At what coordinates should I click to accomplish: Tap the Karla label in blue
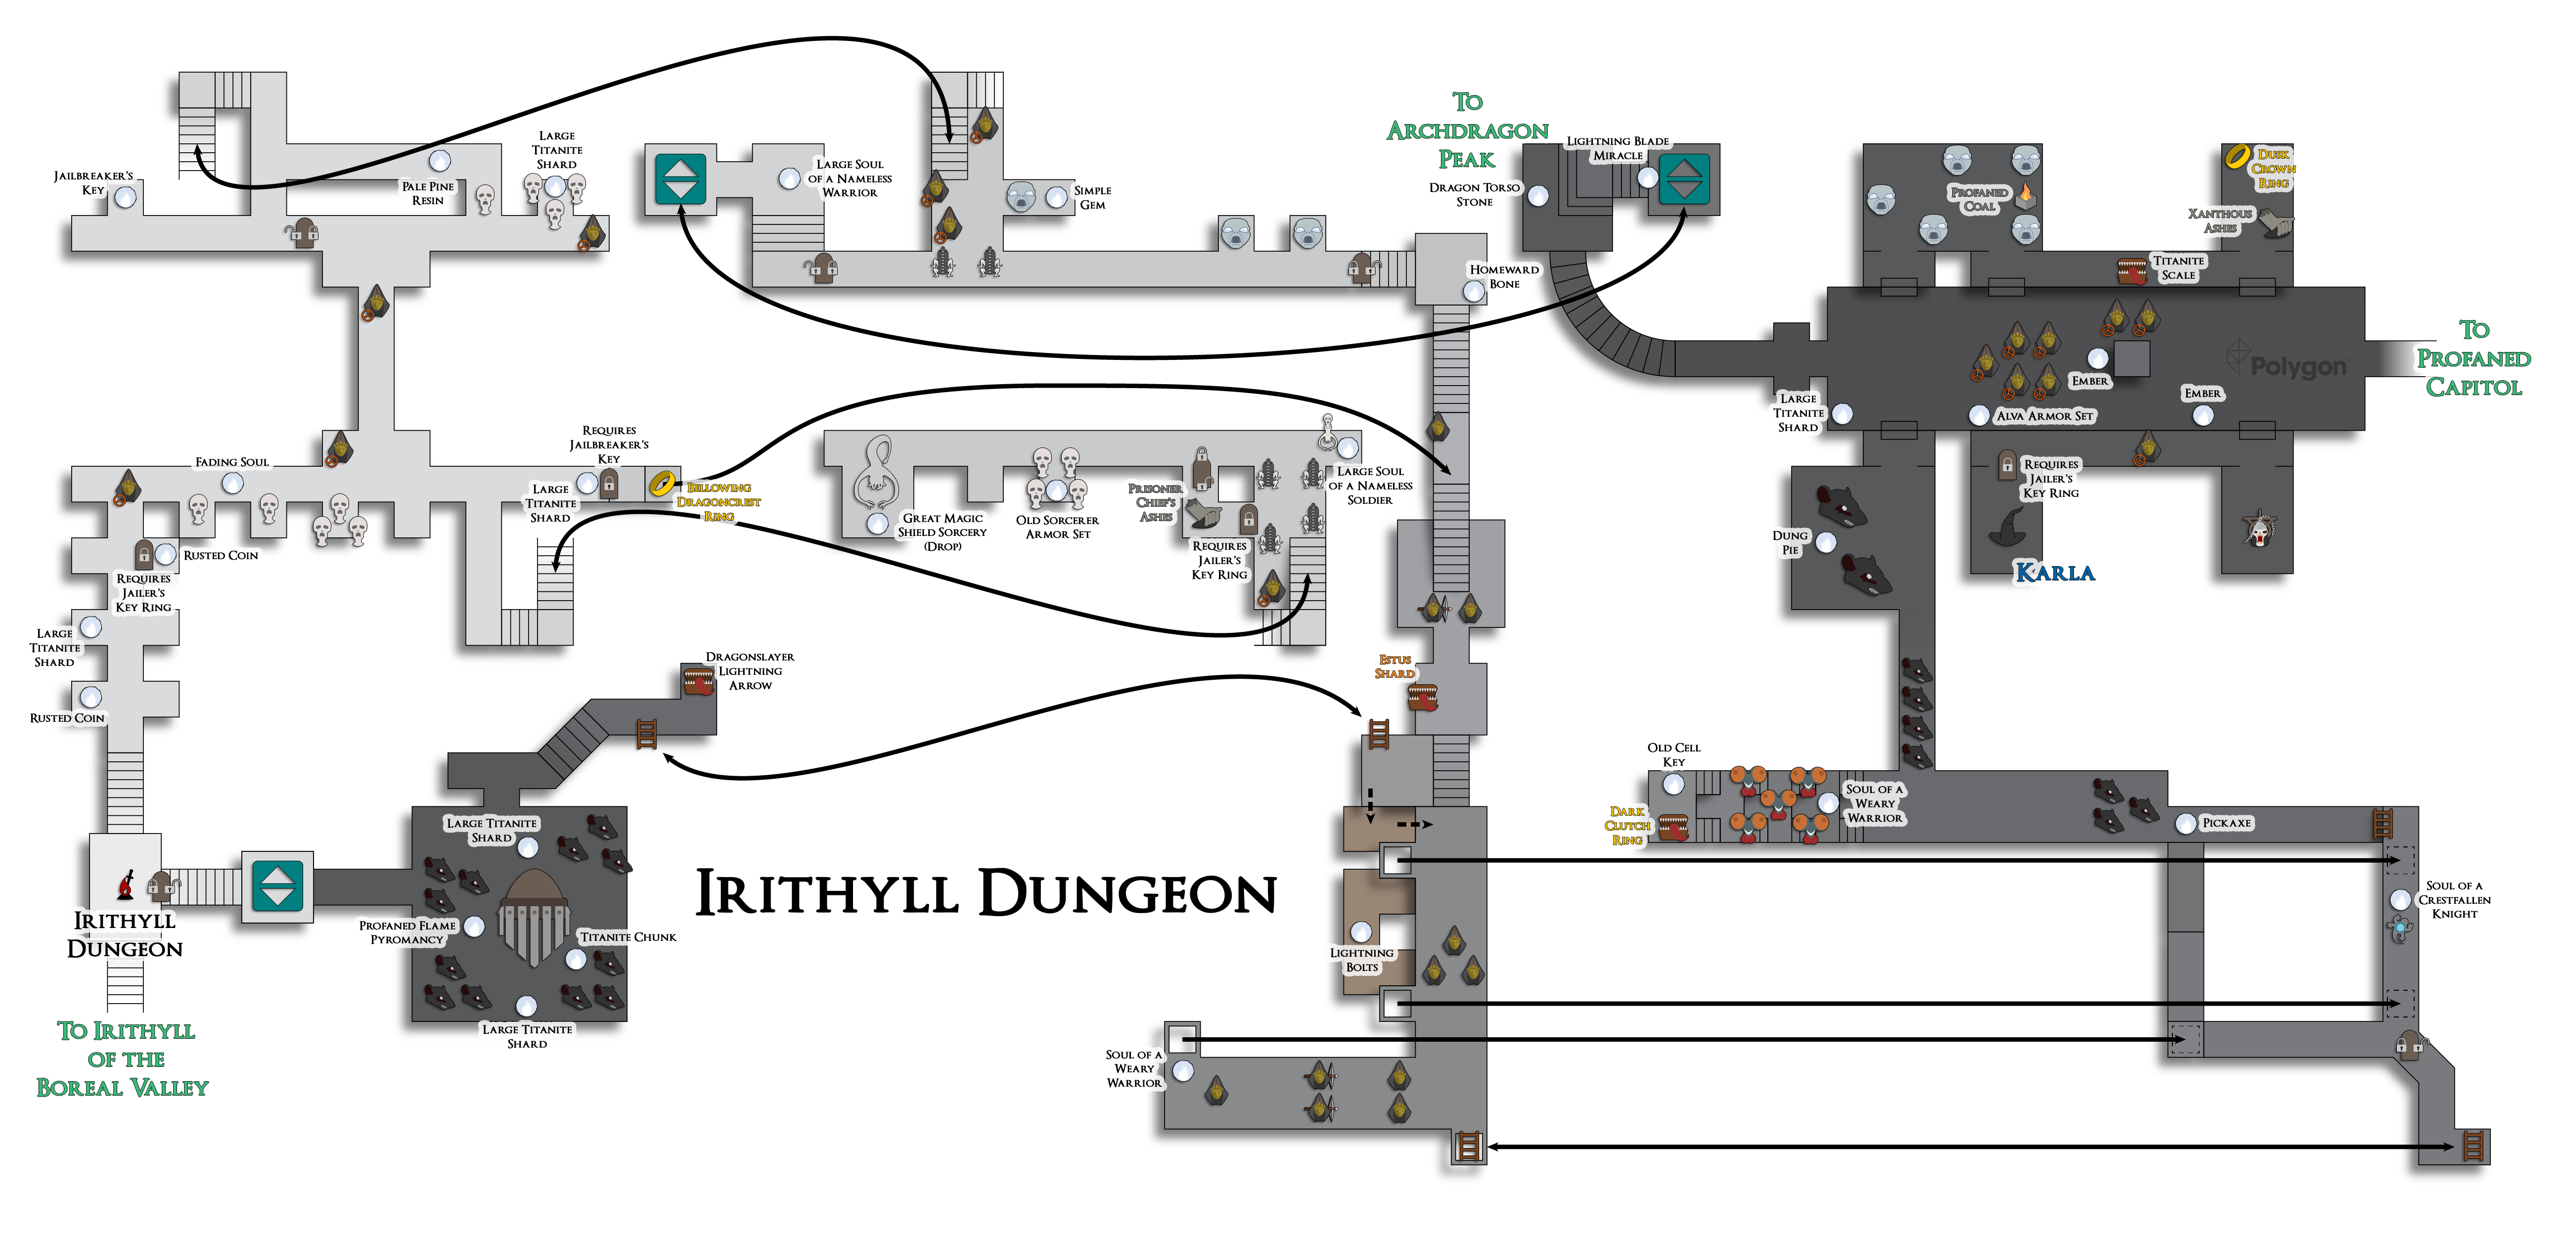2054,573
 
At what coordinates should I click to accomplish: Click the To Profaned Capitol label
2473,358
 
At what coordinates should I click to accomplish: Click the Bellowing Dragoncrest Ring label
718,502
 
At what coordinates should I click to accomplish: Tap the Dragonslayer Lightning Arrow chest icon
698,681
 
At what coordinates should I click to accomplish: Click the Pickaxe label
2226,823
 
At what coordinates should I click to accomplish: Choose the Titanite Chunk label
628,937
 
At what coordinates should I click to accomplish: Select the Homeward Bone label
1504,276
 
